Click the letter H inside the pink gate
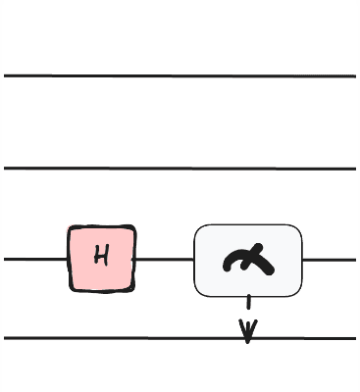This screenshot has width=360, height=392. click(101, 258)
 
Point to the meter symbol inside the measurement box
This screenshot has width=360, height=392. click(248, 260)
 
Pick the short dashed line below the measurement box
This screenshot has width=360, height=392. click(248, 306)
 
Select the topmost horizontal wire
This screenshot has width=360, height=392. click(180, 75)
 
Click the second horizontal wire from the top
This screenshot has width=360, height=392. click(180, 169)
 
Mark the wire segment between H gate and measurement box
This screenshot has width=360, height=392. click(165, 260)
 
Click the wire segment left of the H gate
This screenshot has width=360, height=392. click(35, 260)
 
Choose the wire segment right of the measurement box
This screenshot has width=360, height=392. click(329, 260)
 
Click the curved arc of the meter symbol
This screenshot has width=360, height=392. click(235, 259)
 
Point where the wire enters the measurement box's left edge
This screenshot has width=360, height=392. click(195, 260)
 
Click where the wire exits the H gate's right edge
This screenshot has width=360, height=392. click(134, 260)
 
